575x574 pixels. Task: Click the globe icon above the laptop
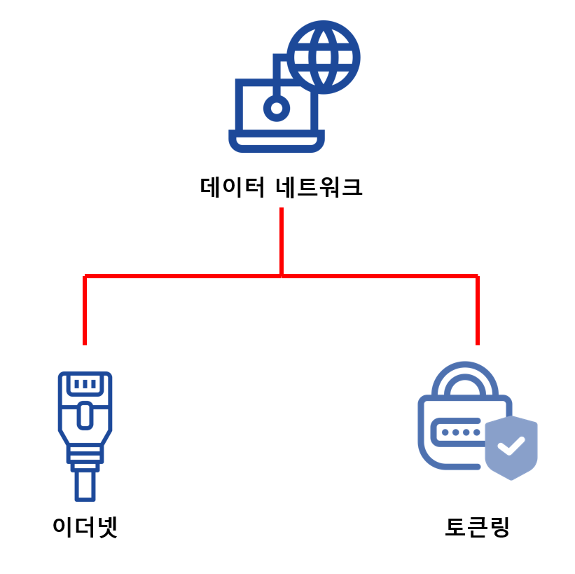coord(324,57)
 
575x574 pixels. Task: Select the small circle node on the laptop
coord(277,108)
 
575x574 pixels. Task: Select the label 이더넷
coord(85,526)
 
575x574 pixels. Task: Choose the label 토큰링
coord(477,526)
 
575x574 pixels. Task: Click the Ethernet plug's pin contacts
coord(85,384)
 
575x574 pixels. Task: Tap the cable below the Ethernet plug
coord(85,484)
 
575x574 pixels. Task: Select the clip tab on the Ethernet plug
coord(85,415)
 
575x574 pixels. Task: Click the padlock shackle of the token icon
coord(464,378)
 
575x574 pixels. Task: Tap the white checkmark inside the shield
coord(511,445)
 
